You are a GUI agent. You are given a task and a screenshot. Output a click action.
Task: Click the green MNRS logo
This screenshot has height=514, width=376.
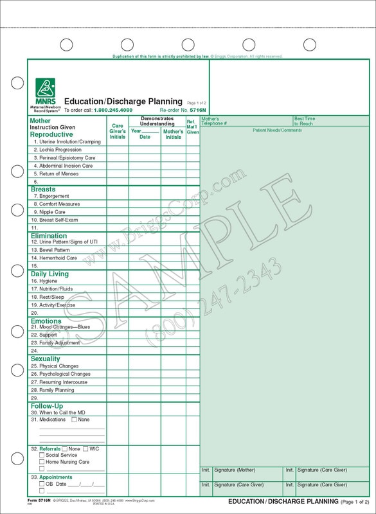(x=44, y=89)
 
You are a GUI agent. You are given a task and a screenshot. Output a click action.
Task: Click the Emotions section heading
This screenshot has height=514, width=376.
(x=46, y=321)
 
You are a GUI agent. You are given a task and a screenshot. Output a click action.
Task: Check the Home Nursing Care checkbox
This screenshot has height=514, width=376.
(x=42, y=461)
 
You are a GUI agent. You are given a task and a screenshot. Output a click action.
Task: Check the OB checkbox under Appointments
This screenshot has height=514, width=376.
(x=42, y=483)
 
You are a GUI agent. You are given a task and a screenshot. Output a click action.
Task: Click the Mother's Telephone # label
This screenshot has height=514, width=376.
(x=219, y=121)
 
